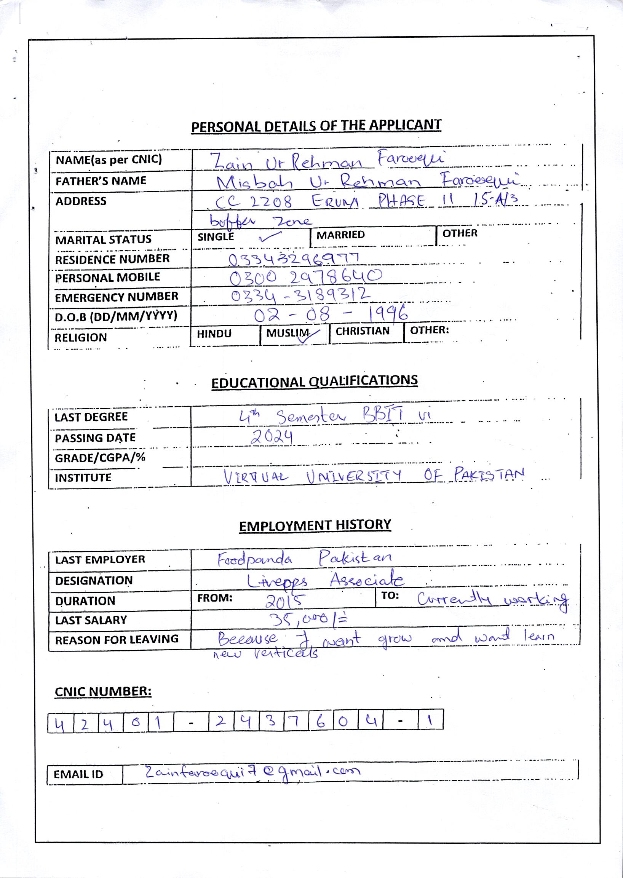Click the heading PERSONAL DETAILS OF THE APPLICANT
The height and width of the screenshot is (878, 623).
(x=316, y=126)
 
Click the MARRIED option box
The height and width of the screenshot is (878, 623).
(x=340, y=235)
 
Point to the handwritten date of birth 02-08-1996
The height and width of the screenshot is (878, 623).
(x=330, y=314)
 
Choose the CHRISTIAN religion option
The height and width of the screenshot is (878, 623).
(x=362, y=331)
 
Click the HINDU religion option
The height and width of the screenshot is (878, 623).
(x=214, y=334)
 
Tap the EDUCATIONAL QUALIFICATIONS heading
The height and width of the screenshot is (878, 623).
(x=314, y=381)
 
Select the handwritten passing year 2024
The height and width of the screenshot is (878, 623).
(x=272, y=436)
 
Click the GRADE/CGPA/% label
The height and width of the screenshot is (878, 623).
(x=100, y=458)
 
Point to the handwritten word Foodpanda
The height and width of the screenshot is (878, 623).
(x=255, y=560)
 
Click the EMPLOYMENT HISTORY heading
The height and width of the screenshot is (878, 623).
(x=315, y=525)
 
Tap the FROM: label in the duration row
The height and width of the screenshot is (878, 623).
(x=215, y=598)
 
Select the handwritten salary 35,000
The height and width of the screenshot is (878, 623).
(x=307, y=618)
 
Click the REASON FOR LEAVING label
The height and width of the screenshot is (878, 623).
(x=117, y=639)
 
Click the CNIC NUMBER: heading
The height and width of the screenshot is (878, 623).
(x=103, y=691)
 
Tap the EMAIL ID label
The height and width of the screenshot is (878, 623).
(x=78, y=774)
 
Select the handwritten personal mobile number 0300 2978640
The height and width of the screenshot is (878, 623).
(x=305, y=277)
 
